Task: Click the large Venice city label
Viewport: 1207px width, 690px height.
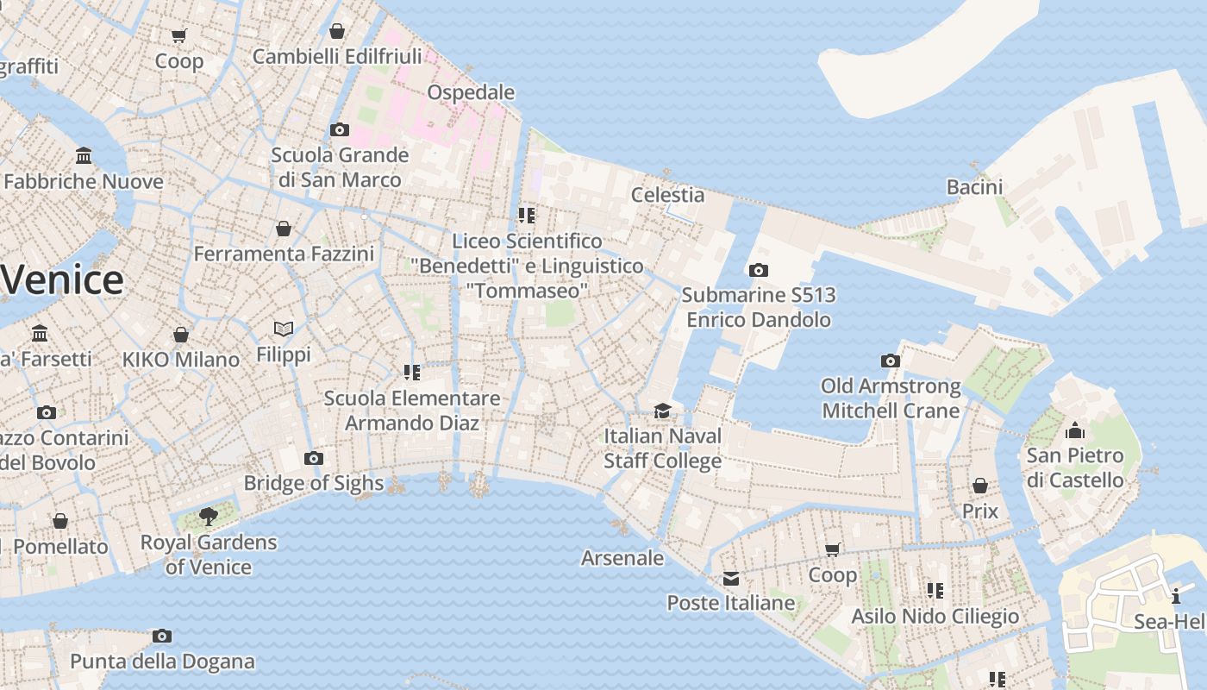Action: click(62, 280)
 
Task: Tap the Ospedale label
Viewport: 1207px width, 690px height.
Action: click(471, 92)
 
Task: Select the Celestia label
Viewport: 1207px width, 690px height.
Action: click(667, 195)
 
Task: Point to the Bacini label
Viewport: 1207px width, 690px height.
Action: click(974, 187)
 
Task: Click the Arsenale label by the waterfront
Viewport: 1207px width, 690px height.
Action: click(622, 558)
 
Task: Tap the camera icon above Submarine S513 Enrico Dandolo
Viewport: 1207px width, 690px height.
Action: click(759, 270)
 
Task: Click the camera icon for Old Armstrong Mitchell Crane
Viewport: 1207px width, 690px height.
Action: click(891, 361)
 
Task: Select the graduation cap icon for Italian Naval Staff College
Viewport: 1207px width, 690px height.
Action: click(662, 411)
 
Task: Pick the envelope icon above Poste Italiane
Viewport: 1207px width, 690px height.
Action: click(731, 578)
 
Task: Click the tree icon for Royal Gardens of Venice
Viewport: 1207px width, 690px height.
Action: click(208, 517)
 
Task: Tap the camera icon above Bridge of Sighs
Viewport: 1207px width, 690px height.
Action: click(314, 458)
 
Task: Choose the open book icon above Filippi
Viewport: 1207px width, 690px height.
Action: click(284, 329)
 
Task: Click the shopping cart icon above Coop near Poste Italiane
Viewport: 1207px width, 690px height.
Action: click(833, 549)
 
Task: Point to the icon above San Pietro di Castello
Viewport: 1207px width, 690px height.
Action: click(1075, 430)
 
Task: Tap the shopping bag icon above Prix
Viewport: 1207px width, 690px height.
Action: click(980, 486)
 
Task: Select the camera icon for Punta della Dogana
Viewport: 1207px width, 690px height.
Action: click(162, 637)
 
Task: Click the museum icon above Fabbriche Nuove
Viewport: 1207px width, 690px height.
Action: click(84, 156)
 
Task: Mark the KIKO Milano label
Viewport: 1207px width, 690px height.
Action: click(181, 360)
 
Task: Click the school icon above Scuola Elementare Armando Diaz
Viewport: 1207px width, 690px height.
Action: click(412, 373)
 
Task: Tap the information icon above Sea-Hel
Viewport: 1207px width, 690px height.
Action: click(1176, 596)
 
